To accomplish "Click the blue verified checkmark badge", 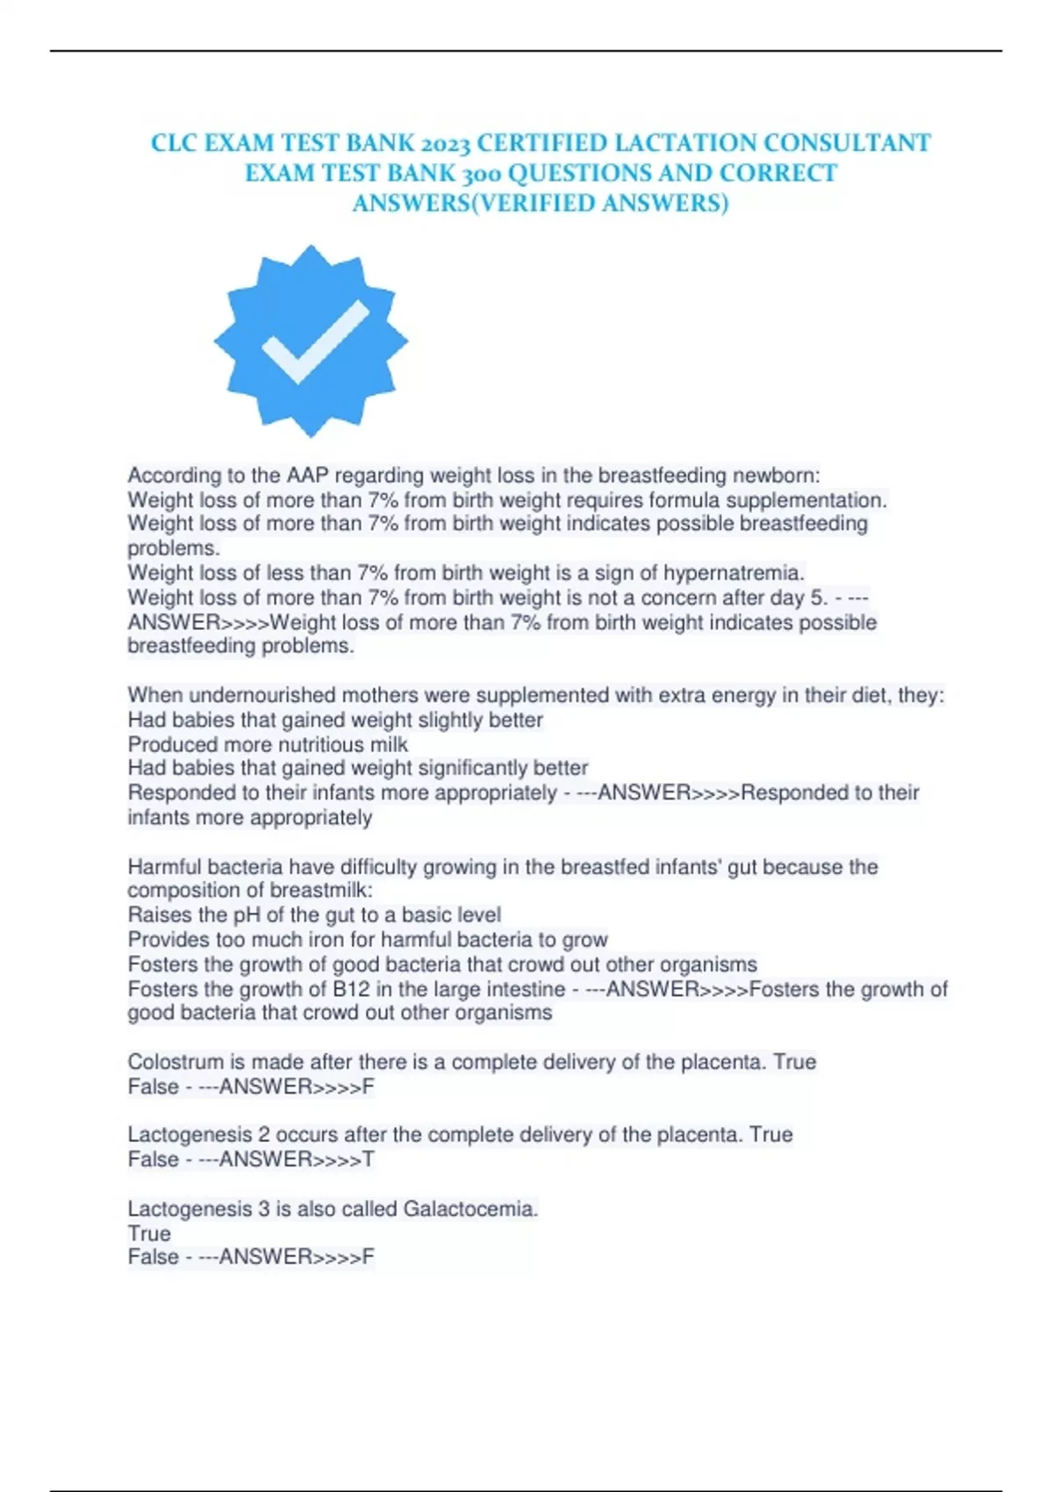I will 311,341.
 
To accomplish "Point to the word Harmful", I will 163,867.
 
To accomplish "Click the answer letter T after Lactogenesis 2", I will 369,1159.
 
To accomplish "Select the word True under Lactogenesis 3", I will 149,1233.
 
